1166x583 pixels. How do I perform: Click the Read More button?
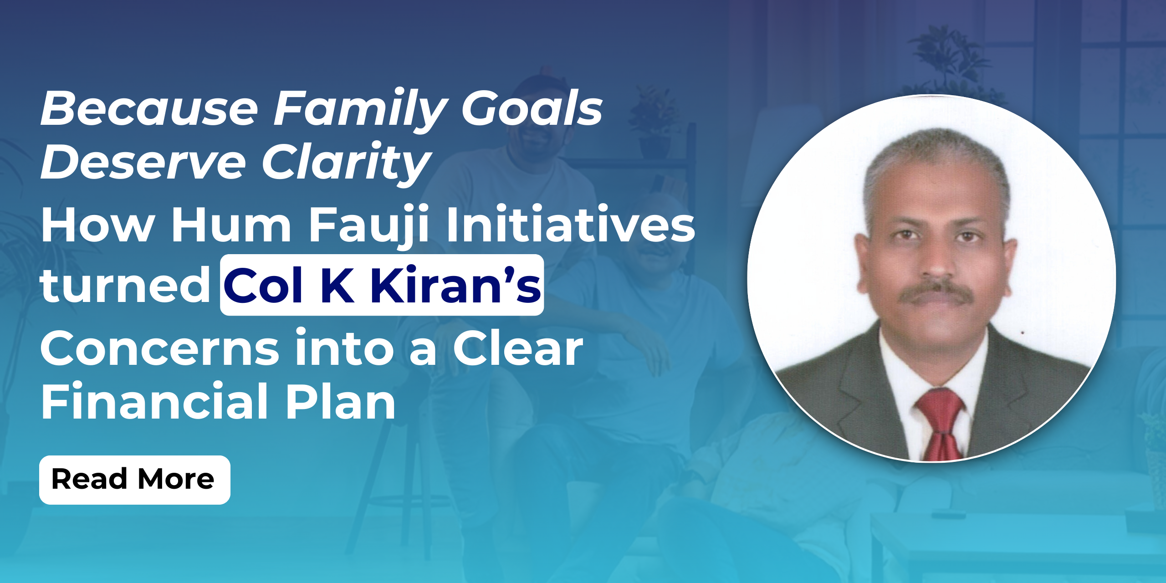tap(135, 480)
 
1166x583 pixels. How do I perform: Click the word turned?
tap(125, 285)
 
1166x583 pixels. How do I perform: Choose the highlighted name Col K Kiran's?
tap(382, 285)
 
